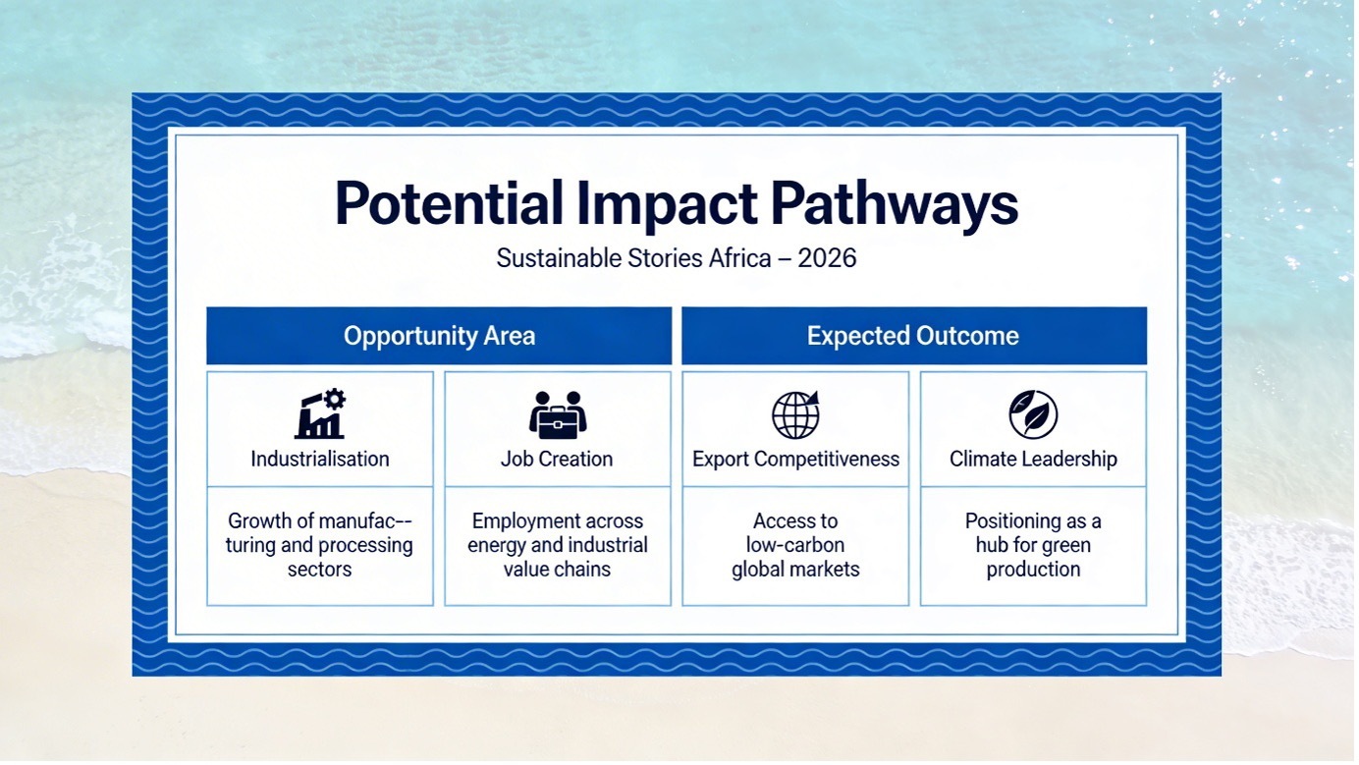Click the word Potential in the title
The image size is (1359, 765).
tap(449, 204)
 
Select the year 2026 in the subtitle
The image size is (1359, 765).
tap(827, 258)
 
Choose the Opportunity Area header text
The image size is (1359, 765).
tap(439, 336)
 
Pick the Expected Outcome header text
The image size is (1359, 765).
tap(912, 336)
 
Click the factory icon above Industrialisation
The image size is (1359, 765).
tap(320, 413)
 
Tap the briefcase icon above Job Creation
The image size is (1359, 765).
tap(558, 415)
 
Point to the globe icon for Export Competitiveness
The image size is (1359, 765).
tap(795, 415)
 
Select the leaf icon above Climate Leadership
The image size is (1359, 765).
tap(1033, 415)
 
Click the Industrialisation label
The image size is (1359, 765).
tap(320, 460)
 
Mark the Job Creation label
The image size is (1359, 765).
tap(557, 460)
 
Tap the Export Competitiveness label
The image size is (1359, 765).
tap(795, 460)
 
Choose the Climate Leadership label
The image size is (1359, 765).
tap(1033, 460)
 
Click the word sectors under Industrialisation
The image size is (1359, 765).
tap(320, 570)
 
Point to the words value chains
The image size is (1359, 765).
tap(557, 570)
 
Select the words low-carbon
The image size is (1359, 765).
tap(794, 545)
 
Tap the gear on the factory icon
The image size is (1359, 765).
tap(334, 399)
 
